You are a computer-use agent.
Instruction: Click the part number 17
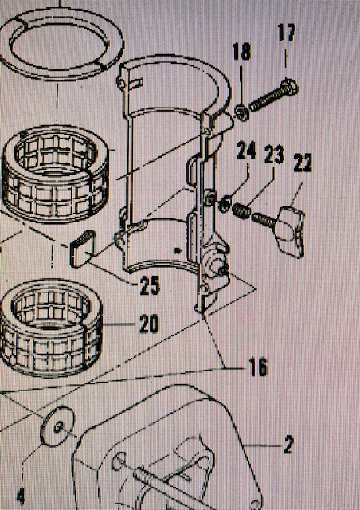(x=287, y=33)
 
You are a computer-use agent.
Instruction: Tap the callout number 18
(x=241, y=51)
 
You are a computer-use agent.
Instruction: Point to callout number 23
(x=274, y=155)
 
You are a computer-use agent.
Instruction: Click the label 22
(x=303, y=163)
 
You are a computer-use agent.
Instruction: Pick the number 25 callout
(x=150, y=285)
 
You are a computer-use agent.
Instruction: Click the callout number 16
(x=258, y=367)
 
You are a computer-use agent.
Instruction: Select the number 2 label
(x=288, y=445)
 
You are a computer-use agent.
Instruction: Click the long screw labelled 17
(x=273, y=96)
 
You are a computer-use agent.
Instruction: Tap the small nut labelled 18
(x=242, y=112)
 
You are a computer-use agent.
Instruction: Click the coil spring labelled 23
(x=242, y=211)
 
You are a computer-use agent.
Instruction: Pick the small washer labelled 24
(x=225, y=206)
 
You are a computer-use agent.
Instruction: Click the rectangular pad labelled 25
(x=82, y=249)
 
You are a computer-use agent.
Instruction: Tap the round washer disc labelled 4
(x=57, y=426)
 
